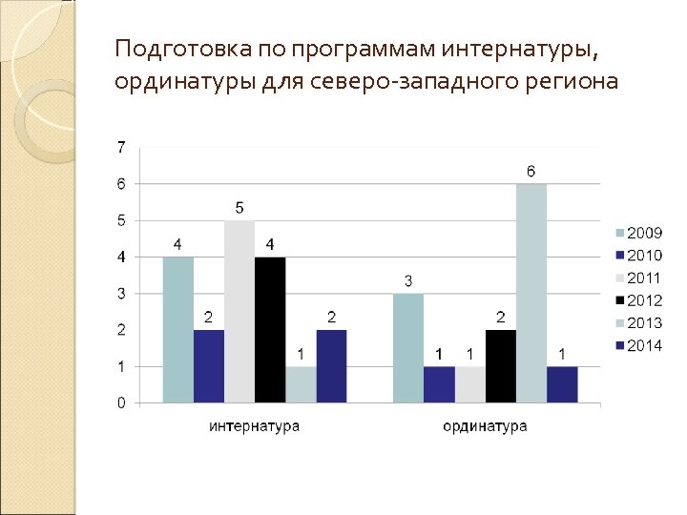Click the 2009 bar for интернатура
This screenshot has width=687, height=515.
(178, 330)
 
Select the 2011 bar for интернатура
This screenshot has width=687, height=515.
(239, 312)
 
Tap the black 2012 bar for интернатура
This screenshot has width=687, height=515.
(270, 330)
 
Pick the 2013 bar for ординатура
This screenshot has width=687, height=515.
(531, 294)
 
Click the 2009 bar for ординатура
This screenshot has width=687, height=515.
(408, 348)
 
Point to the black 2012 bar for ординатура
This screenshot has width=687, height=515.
(501, 366)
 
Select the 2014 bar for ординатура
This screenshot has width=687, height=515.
(562, 384)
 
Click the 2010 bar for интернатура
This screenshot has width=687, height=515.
(209, 366)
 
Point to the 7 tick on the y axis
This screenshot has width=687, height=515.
(120, 147)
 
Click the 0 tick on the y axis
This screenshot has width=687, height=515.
(120, 403)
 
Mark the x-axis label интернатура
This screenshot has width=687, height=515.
(254, 426)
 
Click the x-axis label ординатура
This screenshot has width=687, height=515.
(485, 426)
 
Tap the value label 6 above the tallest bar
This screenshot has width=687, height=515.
(531, 172)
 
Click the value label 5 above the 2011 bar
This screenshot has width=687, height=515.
(239, 208)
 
